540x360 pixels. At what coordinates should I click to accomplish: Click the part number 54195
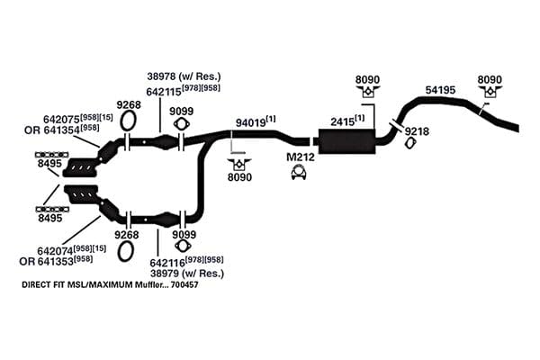(440, 90)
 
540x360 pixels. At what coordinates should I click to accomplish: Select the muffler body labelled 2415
(346, 141)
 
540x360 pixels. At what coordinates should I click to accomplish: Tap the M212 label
(301, 157)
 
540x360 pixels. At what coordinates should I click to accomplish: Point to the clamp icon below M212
(299, 172)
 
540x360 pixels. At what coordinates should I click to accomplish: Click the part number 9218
(417, 131)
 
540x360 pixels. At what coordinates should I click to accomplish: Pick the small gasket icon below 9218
(409, 143)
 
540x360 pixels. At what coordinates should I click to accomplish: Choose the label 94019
(250, 122)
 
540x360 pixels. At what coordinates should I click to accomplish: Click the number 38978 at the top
(162, 76)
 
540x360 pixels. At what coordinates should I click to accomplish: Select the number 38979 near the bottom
(165, 274)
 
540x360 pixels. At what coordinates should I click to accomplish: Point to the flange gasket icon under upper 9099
(181, 123)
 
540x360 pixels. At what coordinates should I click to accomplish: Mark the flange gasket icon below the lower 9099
(183, 246)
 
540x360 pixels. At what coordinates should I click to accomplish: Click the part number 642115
(164, 92)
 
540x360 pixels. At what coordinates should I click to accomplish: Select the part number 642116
(167, 263)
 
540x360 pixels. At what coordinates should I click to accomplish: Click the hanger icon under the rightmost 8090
(490, 91)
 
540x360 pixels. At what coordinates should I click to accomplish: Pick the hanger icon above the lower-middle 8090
(239, 165)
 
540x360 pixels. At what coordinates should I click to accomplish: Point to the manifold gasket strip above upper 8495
(51, 155)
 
